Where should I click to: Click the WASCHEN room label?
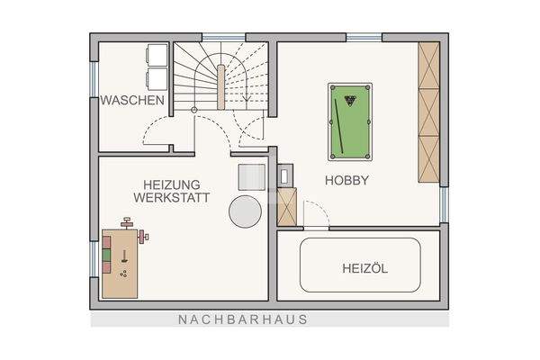[132, 101]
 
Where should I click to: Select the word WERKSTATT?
[172, 196]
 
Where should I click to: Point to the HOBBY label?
[347, 180]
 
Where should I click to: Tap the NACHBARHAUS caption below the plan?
[243, 319]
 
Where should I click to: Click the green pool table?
[349, 120]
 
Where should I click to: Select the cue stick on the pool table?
[340, 125]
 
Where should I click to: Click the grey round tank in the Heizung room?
[245, 211]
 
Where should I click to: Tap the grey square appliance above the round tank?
[252, 176]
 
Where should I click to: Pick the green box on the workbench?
[109, 256]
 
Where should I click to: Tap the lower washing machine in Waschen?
[155, 78]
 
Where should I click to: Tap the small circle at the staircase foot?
[194, 109]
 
